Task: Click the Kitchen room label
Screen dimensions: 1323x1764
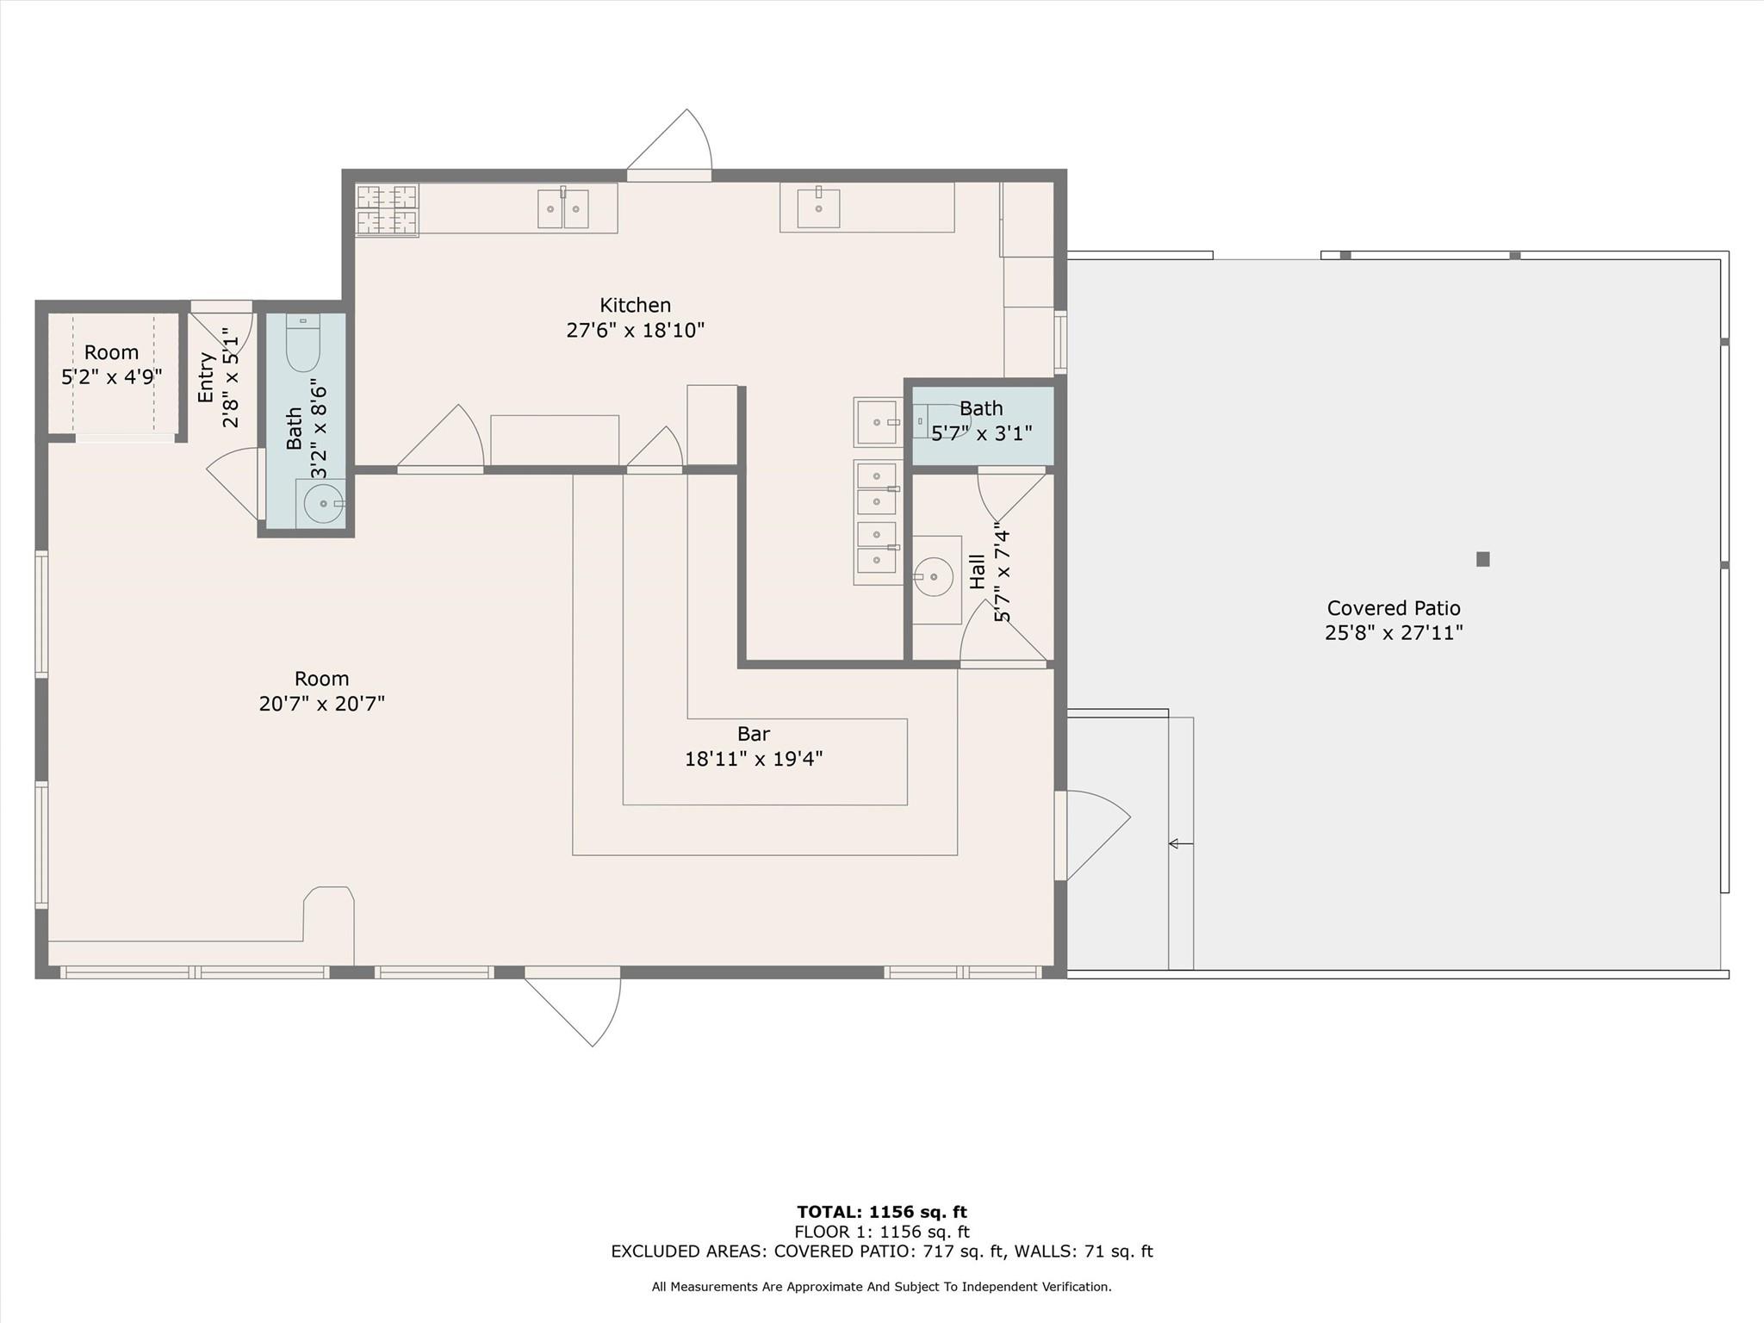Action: [x=635, y=306]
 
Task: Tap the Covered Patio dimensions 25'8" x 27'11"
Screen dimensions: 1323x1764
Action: [x=1393, y=633]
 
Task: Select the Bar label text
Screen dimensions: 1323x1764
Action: [x=753, y=734]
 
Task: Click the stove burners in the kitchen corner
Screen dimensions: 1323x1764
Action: [x=387, y=209]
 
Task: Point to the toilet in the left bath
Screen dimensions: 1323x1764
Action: [x=303, y=345]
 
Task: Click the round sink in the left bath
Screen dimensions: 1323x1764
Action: [x=323, y=503]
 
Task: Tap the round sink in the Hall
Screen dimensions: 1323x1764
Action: [x=934, y=577]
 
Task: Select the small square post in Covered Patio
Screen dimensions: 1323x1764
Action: [x=1482, y=559]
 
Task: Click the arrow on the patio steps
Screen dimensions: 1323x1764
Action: [x=1179, y=844]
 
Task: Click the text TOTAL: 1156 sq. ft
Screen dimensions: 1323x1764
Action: [x=881, y=1212]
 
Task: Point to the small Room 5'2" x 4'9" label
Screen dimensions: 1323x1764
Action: [x=111, y=364]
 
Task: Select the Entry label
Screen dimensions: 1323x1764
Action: [x=206, y=377]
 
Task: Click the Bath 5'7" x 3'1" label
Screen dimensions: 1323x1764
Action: [x=981, y=420]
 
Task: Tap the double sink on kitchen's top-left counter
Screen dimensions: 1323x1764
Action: [x=562, y=209]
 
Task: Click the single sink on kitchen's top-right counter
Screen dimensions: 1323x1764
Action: [x=817, y=208]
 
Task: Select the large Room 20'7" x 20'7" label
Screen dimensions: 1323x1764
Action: [x=321, y=691]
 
